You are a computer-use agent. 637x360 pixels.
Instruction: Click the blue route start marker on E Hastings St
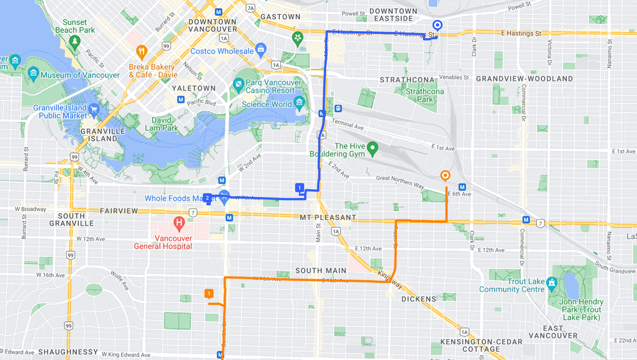(437, 25)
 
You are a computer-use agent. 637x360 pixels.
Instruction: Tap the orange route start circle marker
(445, 175)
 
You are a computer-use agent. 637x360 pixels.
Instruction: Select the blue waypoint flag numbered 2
(208, 198)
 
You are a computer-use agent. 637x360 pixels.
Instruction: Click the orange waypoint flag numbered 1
(208, 293)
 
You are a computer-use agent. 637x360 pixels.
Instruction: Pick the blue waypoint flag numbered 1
(299, 187)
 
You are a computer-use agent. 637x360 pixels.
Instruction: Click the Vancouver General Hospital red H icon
(179, 224)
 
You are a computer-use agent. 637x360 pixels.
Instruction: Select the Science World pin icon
(299, 104)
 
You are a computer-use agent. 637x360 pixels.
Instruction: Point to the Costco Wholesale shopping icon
(261, 50)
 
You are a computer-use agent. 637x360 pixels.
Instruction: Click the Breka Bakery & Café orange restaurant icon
(141, 52)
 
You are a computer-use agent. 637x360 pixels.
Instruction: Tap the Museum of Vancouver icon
(32, 75)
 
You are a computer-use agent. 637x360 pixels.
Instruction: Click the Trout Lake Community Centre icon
(552, 282)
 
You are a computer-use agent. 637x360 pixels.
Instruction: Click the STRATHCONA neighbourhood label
(407, 80)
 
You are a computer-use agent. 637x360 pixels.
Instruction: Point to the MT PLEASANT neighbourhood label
(328, 217)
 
